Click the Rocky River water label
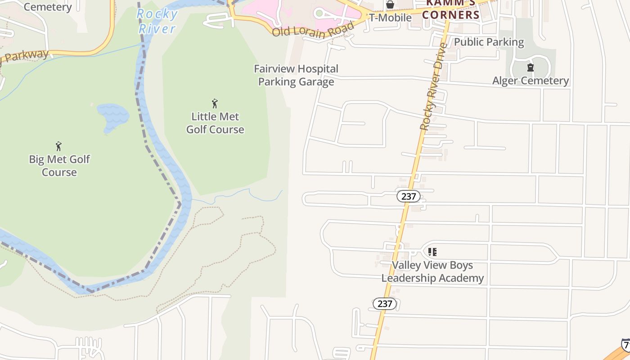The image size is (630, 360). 157,21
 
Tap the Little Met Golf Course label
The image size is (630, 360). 215,123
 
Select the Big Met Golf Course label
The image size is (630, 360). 59,166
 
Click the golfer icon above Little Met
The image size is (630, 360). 215,103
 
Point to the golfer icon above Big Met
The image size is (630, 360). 58,146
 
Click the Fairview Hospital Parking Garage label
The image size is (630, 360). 296,75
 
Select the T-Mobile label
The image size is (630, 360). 390,18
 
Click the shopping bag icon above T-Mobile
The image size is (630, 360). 390,4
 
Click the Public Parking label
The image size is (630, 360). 489,42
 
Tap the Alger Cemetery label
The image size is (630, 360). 531,81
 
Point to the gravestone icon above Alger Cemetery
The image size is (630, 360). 531,68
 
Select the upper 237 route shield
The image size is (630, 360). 408,196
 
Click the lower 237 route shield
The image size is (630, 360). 385,304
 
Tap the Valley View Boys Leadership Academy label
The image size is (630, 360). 432,271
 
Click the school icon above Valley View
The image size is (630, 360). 432,252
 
